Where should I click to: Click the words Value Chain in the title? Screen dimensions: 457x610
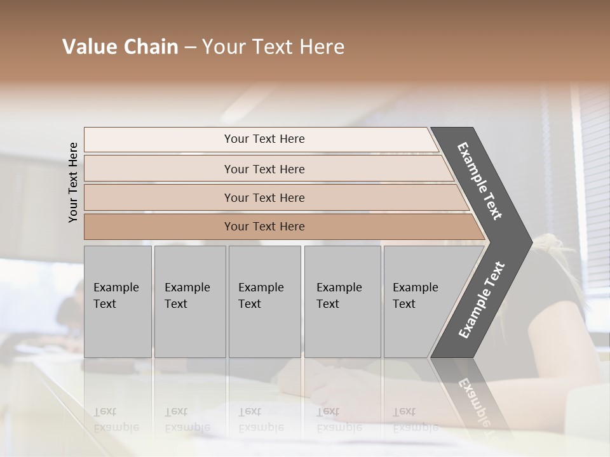tap(120, 47)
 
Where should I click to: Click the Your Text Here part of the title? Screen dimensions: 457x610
tap(273, 47)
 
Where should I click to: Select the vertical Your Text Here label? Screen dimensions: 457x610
tap(73, 182)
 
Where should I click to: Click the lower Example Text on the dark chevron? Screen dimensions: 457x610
tap(482, 300)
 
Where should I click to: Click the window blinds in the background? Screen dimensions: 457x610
tap(594, 159)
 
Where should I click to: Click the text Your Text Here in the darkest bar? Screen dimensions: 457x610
tap(264, 227)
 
